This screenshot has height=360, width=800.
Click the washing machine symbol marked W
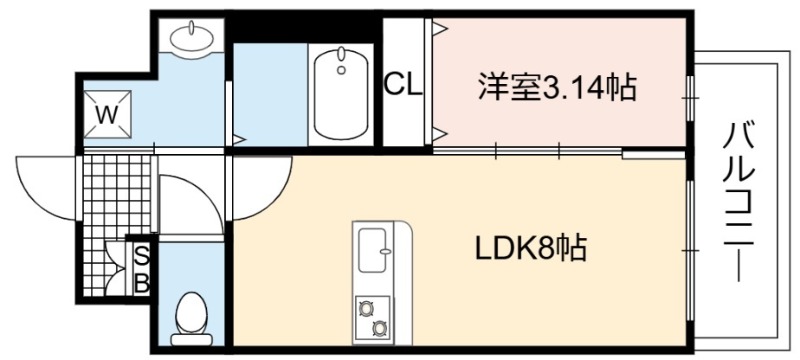pyautogui.click(x=107, y=114)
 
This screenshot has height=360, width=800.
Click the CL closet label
pyautogui.click(x=404, y=85)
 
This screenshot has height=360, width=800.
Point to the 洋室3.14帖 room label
pyautogui.click(x=557, y=87)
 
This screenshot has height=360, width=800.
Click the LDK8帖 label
pyautogui.click(x=531, y=247)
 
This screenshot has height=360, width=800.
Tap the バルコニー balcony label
pyautogui.click(x=738, y=202)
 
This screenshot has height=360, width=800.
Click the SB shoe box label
pyautogui.click(x=141, y=269)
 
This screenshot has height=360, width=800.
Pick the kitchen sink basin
pyautogui.click(x=372, y=249)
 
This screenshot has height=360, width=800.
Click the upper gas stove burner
pyautogui.click(x=365, y=307)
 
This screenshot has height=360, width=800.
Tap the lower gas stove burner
pyautogui.click(x=379, y=328)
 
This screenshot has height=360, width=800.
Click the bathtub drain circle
pyautogui.click(x=341, y=70)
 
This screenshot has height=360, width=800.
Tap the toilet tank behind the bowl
pyautogui.click(x=191, y=340)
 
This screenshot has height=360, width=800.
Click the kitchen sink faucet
pyautogui.click(x=385, y=250)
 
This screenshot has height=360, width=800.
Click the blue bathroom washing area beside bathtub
pyautogui.click(x=270, y=95)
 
